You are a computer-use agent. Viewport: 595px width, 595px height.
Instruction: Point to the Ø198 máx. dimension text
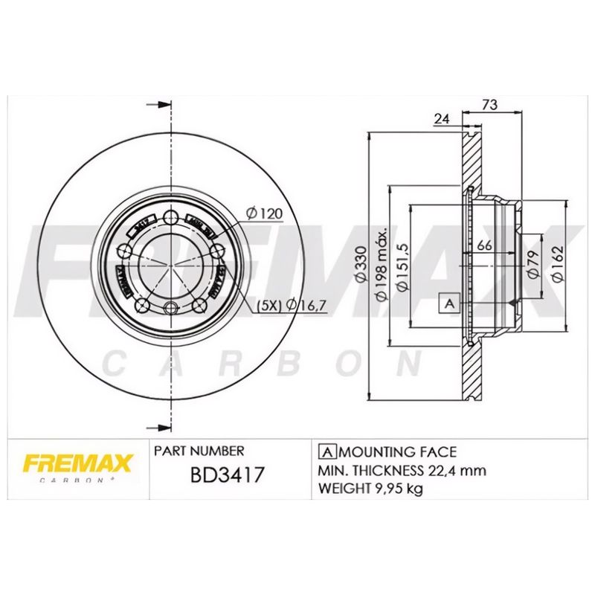(x=380, y=264)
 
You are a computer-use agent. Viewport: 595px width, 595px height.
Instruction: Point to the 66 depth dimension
(x=485, y=245)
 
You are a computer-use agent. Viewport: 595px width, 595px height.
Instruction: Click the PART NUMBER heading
(x=199, y=451)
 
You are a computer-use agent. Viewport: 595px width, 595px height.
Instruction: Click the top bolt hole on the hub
(x=171, y=217)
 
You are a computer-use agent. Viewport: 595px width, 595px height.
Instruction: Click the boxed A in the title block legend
(x=325, y=451)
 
